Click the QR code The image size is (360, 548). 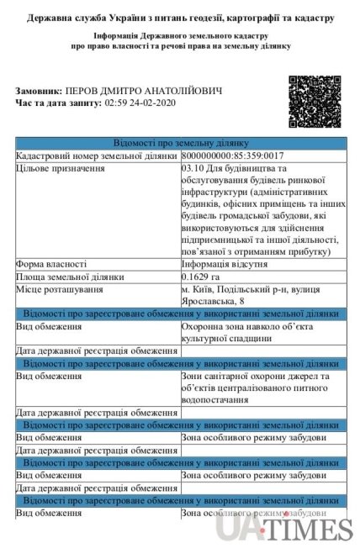315,101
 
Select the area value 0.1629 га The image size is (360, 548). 200,277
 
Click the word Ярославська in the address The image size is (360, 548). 209,301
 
